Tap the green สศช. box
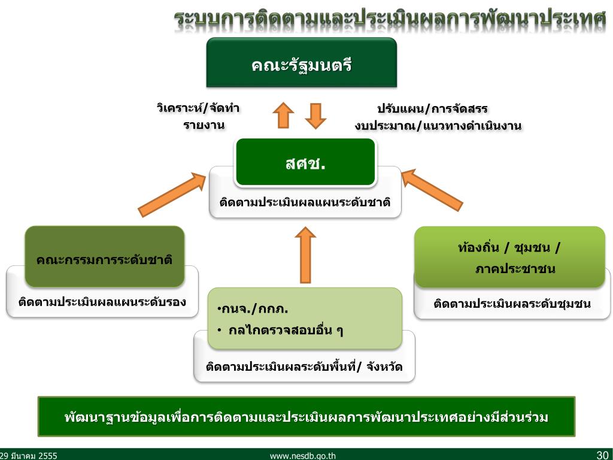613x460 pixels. coord(305,162)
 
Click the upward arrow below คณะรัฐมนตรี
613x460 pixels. coord(283,115)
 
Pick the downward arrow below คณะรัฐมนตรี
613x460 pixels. coord(315,116)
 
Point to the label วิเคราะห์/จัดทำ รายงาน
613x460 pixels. coord(199,117)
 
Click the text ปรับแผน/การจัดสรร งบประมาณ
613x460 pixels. coord(438,117)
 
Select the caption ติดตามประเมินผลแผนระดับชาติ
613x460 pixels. coord(305,202)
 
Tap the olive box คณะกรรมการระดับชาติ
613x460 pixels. coord(104,259)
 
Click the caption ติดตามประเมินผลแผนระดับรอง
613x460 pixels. coord(102,301)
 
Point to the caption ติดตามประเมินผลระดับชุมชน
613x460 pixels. coord(512,304)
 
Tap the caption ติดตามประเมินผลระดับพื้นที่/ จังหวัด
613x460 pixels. coord(304,367)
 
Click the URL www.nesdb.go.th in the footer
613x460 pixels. coord(303,456)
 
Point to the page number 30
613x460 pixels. coord(602,455)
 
